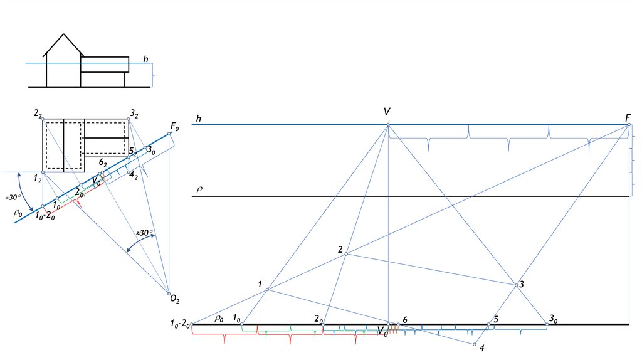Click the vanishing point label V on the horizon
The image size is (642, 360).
pos(387,112)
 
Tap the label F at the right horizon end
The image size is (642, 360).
pos(628,117)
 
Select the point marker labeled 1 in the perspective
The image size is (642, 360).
pos(268,289)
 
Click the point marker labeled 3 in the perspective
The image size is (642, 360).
pos(517,285)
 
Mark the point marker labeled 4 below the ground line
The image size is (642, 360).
pos(475,344)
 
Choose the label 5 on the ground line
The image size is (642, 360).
pos(495,319)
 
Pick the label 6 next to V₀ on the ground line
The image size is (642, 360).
pos(405,320)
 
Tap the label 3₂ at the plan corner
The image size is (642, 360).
pos(134,114)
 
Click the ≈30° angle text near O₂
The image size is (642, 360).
pos(145,233)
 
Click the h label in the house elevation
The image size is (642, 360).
pos(145,60)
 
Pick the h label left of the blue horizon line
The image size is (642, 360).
pos(198,119)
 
